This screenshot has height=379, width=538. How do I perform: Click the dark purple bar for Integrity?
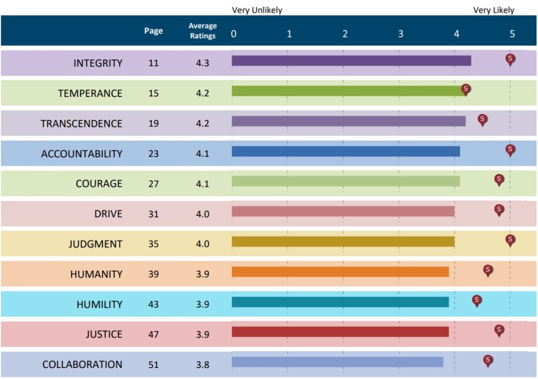tap(351, 61)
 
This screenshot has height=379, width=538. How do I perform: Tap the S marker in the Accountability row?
tap(510, 150)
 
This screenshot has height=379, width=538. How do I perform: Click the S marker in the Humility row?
tap(477, 301)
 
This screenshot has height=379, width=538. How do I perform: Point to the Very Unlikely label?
tap(257, 10)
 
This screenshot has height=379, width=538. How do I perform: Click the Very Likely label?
tap(493, 10)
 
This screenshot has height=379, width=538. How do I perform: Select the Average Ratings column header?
tap(202, 31)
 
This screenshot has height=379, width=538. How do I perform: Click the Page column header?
tap(153, 31)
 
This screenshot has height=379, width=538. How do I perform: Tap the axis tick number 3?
tap(400, 34)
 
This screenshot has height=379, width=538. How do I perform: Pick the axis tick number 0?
tap(234, 34)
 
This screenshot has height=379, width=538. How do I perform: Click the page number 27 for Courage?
tap(153, 184)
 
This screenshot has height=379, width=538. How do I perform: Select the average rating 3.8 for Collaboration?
tap(202, 364)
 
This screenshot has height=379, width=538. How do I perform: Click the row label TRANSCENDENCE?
tap(81, 124)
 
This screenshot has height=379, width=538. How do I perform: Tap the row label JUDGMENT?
tap(95, 244)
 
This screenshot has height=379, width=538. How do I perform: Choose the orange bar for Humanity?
tap(340, 272)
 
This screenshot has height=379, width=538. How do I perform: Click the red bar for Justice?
tap(340, 332)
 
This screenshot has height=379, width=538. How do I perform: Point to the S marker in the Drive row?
tap(499, 210)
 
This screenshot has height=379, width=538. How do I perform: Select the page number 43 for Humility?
tap(153, 304)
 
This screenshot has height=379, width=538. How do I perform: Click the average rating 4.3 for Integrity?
tap(202, 63)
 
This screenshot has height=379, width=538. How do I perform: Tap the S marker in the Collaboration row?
tap(488, 360)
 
